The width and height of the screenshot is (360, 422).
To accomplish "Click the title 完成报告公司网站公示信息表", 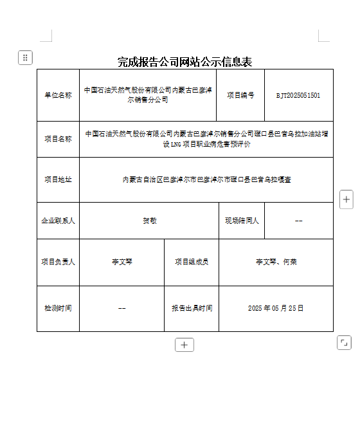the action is (x=184, y=62).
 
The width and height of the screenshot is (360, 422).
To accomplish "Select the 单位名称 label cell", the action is (x=58, y=95).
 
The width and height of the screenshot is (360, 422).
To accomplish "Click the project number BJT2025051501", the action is (x=298, y=95).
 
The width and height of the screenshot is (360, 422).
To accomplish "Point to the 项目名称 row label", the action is (x=58, y=138).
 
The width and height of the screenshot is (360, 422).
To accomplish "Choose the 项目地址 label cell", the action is (x=58, y=179).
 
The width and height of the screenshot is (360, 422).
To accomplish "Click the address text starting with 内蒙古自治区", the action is (x=206, y=179).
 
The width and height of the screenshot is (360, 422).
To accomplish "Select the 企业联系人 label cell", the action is (x=58, y=221).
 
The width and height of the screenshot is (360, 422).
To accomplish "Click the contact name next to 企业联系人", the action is (x=149, y=221).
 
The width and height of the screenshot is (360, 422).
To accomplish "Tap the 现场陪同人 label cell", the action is (x=242, y=221).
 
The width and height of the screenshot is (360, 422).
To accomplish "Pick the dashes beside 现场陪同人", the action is (x=298, y=221).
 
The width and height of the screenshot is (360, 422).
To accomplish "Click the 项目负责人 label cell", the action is (x=58, y=262).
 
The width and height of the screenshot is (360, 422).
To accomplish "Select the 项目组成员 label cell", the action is (x=192, y=262).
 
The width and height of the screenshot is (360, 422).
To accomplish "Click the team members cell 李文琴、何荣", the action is (x=276, y=262).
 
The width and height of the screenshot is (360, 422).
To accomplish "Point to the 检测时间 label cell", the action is (x=58, y=308).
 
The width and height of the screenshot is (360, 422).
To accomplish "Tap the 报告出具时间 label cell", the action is (x=192, y=308).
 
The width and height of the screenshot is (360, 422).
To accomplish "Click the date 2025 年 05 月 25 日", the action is (x=276, y=308).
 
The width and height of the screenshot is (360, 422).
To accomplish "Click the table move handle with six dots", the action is (x=25, y=58).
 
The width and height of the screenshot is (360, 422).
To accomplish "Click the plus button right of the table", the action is (x=346, y=199).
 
